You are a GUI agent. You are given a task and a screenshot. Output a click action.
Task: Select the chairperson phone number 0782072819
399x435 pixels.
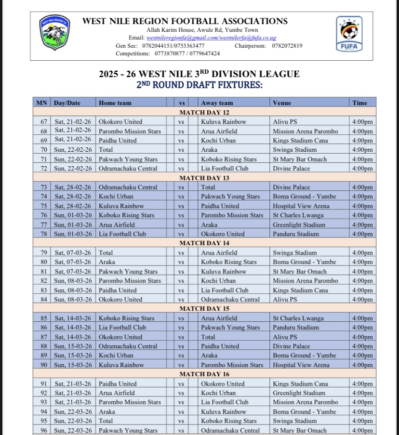coord(287,46)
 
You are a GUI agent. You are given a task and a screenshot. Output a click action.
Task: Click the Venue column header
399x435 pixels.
coord(282,103)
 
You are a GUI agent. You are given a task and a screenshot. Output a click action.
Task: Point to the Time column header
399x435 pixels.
coord(359,103)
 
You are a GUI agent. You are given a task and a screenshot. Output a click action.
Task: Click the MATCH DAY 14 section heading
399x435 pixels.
coord(204,243)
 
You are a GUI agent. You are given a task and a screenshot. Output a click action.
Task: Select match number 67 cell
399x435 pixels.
coord(43,122)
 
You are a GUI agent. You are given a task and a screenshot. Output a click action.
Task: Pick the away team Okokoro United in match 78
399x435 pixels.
coord(223,234)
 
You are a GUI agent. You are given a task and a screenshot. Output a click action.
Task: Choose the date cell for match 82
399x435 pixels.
coord(73,281)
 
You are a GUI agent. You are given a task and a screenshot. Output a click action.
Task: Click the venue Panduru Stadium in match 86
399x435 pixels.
coord(296,328)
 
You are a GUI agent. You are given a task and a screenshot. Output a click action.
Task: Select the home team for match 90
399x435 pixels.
coord(121,365)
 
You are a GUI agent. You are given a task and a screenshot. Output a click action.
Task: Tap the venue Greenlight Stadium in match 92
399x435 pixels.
coord(299,393)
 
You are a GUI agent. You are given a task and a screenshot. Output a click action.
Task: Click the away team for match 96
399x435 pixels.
coord(230,431)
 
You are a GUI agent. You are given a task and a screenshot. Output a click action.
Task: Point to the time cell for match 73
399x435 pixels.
coord(362,187)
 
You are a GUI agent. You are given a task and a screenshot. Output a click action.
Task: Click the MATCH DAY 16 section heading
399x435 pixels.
coord(204,374)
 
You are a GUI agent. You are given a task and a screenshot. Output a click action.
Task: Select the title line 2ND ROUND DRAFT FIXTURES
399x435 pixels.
coord(199,85)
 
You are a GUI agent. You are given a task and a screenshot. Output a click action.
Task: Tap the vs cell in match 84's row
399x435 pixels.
coord(181,300)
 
